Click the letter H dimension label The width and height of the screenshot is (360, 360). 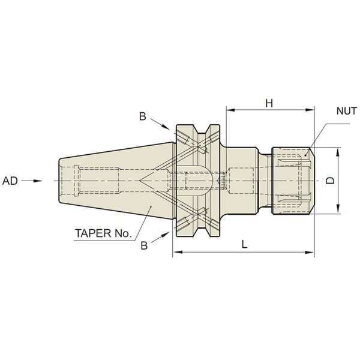pyautogui.click(x=269, y=103)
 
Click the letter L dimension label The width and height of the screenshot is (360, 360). pyautogui.click(x=245, y=244)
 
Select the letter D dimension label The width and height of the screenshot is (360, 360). pyautogui.click(x=331, y=181)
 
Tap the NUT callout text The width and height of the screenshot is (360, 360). pyautogui.click(x=347, y=111)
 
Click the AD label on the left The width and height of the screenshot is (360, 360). pyautogui.click(x=10, y=181)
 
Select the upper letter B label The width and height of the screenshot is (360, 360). pyautogui.click(x=143, y=116)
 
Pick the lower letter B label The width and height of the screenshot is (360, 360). pyautogui.click(x=144, y=245)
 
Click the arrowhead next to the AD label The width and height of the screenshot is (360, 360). pyautogui.click(x=38, y=181)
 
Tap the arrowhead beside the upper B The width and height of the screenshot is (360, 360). pyautogui.click(x=166, y=127)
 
